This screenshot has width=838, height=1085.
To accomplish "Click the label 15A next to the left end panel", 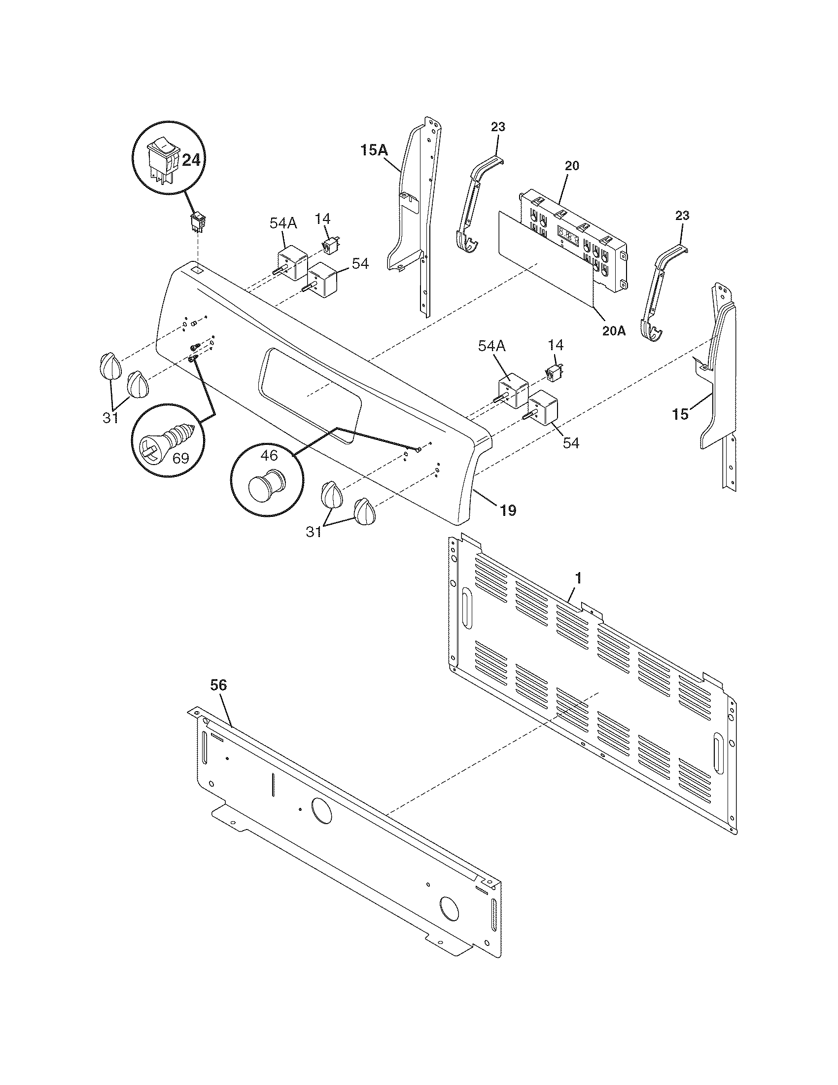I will point(374,150).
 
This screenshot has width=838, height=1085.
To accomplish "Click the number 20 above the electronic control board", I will point(572,166).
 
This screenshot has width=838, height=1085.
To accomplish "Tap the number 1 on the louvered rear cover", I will point(577,579).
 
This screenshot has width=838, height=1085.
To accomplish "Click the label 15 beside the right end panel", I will point(681,413).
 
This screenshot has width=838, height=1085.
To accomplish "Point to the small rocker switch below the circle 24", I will point(199,222).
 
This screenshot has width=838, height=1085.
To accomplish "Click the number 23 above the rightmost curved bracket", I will point(682,216).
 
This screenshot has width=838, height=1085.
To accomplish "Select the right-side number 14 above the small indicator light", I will point(556,345).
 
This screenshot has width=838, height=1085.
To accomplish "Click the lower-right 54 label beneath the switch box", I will point(571,443).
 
